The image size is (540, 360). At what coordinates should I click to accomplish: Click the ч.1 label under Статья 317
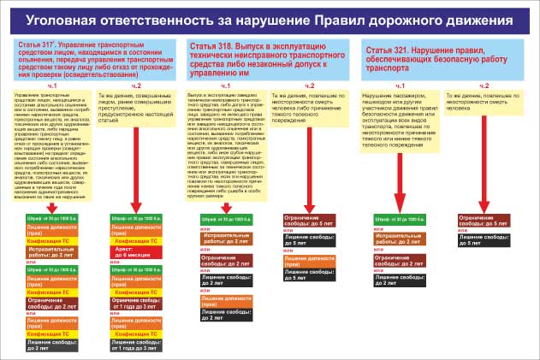coord(51,86)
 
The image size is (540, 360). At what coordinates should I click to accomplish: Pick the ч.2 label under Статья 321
coord(484,86)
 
